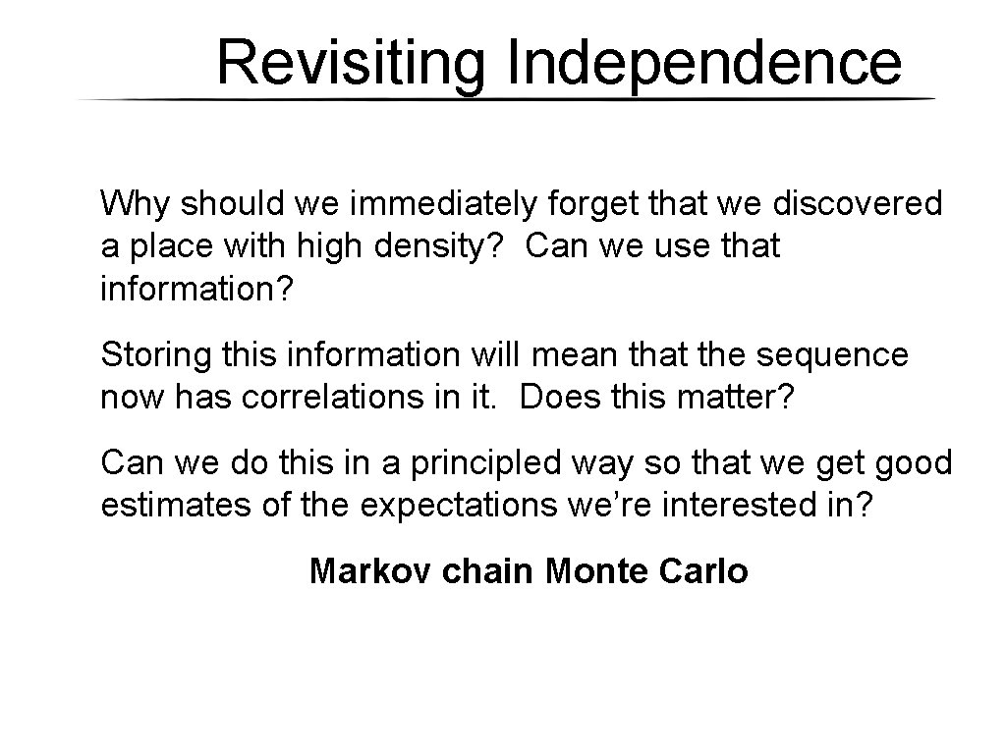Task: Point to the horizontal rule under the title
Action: tap(506, 100)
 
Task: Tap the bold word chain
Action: tap(489, 570)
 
